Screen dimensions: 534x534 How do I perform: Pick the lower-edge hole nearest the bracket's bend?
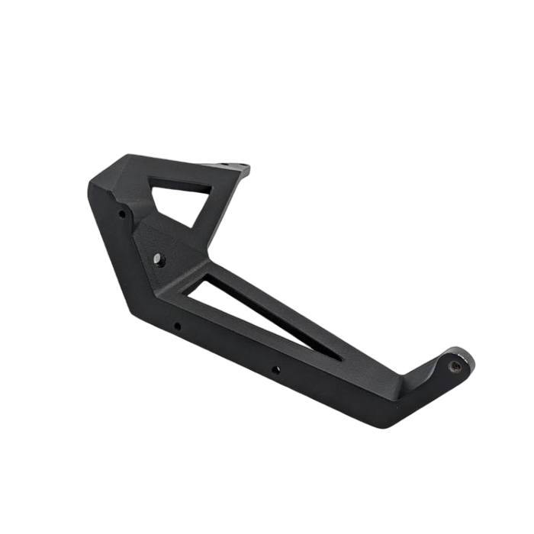click(177, 327)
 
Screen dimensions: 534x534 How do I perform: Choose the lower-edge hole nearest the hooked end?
click(276, 372)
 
